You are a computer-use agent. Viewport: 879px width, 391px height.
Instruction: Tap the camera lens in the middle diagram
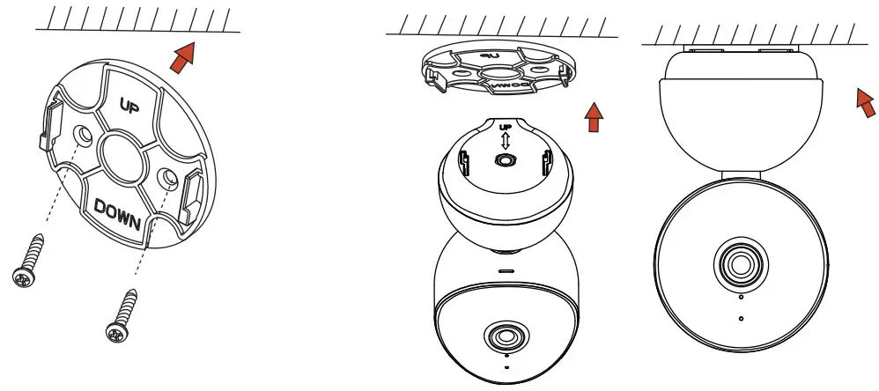(505, 336)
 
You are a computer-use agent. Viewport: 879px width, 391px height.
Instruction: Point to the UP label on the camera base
(505, 128)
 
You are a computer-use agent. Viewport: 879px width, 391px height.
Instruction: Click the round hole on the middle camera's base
(505, 161)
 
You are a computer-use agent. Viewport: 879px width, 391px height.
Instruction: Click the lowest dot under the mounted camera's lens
(741, 317)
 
